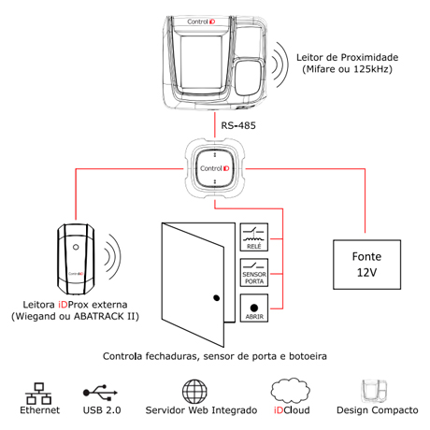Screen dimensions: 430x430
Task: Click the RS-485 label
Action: (238, 125)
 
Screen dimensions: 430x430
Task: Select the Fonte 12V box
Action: (366, 265)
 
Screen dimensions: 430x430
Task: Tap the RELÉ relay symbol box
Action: (254, 237)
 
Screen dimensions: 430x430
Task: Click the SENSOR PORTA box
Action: (254, 273)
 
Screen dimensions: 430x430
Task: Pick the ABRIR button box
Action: (254, 308)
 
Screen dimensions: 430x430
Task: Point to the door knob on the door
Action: (217, 298)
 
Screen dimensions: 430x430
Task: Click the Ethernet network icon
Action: (38, 394)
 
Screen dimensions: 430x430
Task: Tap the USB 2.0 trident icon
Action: (100, 393)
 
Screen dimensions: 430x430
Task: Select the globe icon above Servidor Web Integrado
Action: (194, 392)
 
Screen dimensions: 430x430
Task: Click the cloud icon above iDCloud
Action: (291, 391)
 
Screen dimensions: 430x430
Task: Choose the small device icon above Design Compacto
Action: (374, 391)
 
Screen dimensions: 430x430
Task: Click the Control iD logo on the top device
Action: (201, 21)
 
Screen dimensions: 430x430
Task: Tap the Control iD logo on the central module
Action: (215, 168)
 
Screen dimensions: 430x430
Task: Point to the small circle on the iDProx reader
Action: (76, 247)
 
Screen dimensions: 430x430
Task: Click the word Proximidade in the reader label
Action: (369, 57)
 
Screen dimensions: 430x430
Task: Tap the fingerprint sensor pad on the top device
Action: (250, 78)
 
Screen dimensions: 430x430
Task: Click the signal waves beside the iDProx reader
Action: (112, 257)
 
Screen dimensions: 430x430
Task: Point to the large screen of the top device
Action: (202, 63)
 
